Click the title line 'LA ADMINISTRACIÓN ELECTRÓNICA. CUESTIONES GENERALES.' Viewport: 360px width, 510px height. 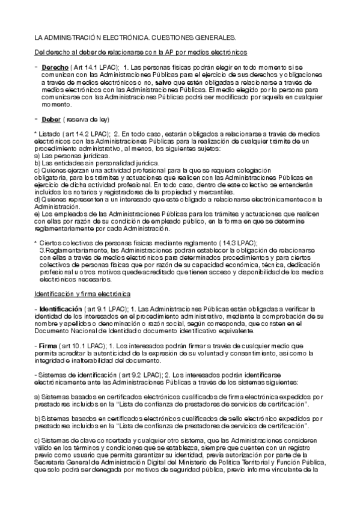(135, 37)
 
